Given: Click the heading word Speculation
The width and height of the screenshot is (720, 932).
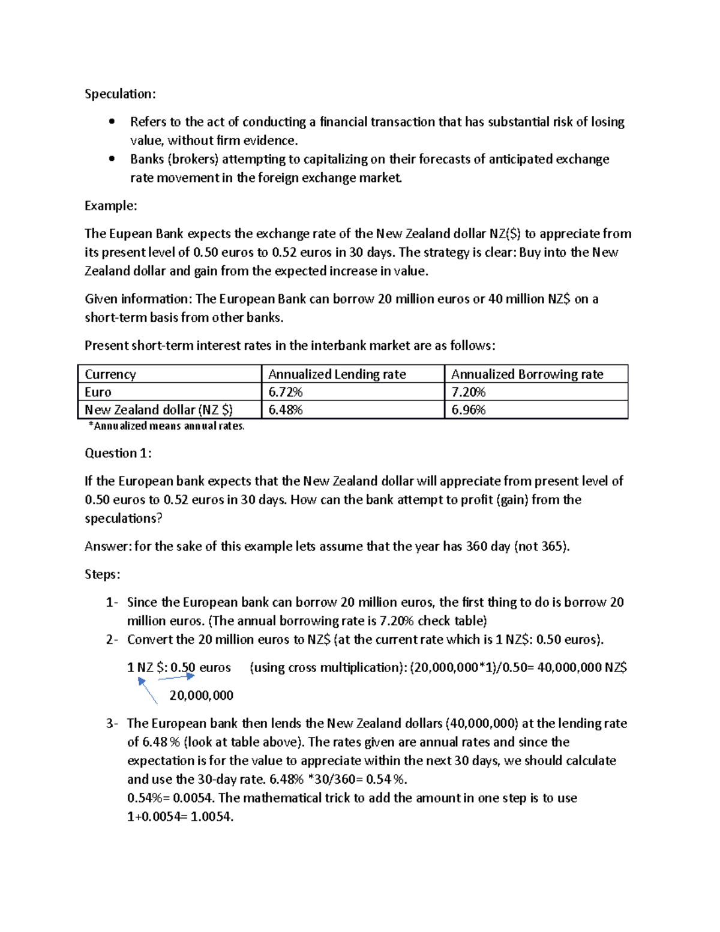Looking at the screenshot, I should [120, 94].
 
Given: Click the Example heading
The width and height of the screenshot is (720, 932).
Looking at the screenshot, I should [110, 206].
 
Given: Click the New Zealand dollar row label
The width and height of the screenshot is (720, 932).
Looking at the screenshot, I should [158, 410].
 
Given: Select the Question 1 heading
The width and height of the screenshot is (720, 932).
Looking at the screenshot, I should [118, 453].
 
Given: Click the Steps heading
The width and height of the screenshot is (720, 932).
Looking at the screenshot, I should [102, 574].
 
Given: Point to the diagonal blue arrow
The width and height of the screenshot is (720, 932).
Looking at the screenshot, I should [148, 691].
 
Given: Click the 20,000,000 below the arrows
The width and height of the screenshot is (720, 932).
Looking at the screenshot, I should [201, 696].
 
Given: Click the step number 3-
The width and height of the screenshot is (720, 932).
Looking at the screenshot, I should [112, 724].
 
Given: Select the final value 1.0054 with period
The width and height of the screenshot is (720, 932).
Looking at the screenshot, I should [212, 817].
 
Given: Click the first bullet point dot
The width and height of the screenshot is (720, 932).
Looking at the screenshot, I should [112, 122].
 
